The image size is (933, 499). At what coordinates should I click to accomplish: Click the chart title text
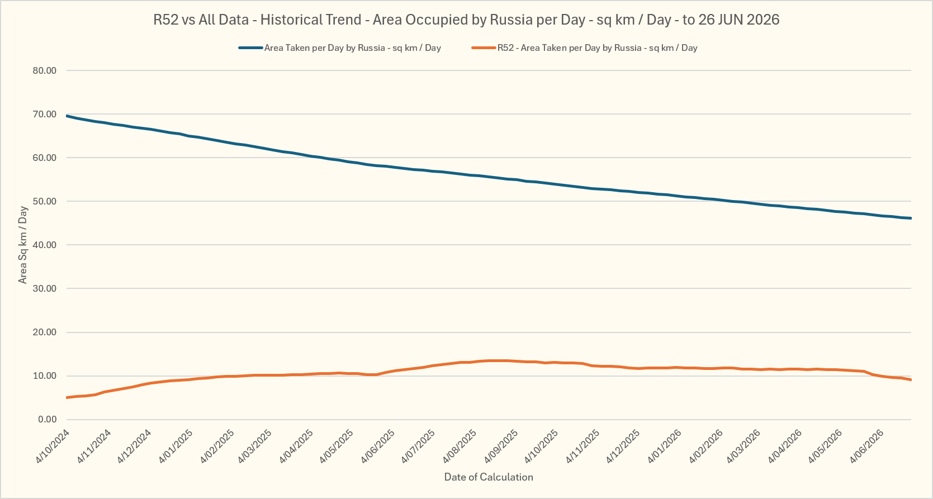[466, 20]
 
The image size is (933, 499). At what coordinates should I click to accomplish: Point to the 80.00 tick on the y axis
[45, 70]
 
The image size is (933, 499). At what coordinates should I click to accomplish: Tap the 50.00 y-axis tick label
[45, 201]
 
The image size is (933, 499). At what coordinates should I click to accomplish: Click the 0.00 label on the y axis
[47, 420]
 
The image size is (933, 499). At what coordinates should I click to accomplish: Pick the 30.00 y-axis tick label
[45, 288]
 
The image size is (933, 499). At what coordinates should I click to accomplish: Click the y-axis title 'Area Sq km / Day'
[22, 245]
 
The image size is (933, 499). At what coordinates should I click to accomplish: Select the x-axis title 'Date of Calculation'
[489, 477]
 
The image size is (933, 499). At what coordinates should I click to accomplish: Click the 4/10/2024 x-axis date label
[53, 446]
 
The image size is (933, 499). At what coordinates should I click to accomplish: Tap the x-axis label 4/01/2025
[176, 446]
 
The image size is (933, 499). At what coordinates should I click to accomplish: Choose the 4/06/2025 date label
[377, 446]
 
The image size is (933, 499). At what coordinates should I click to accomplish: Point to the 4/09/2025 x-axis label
[501, 446]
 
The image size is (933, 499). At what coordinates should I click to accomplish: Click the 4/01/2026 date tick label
[664, 446]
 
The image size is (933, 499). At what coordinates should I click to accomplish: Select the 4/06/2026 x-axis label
[866, 446]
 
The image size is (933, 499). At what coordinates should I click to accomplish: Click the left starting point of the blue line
[67, 116]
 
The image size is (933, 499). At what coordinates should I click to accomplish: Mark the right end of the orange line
[911, 379]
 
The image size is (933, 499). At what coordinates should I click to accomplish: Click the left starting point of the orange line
[67, 397]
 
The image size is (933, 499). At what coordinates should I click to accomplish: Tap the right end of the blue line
[911, 218]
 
